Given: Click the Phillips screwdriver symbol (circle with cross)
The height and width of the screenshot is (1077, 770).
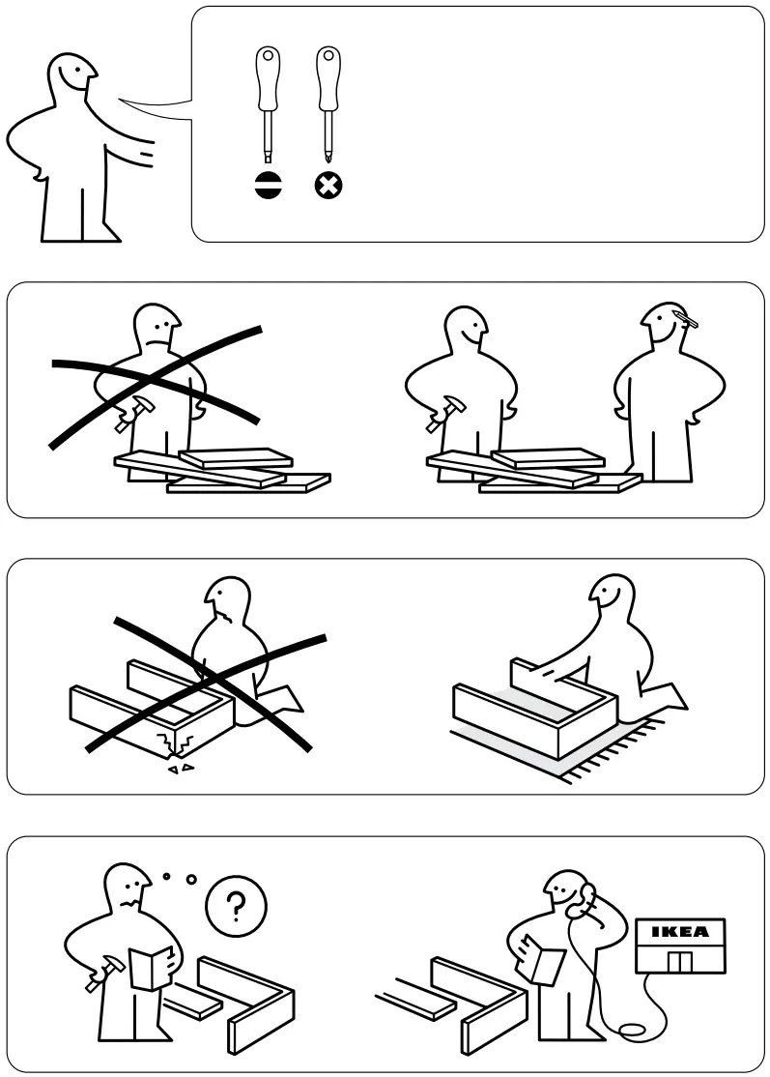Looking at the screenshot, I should tap(328, 186).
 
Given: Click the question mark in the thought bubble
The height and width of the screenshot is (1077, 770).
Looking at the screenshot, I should tap(235, 906).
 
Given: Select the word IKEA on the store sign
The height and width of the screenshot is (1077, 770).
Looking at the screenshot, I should tap(678, 932).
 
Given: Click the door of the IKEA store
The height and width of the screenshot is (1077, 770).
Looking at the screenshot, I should tap(681, 961).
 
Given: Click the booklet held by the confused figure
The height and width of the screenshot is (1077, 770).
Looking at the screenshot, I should tap(149, 967).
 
